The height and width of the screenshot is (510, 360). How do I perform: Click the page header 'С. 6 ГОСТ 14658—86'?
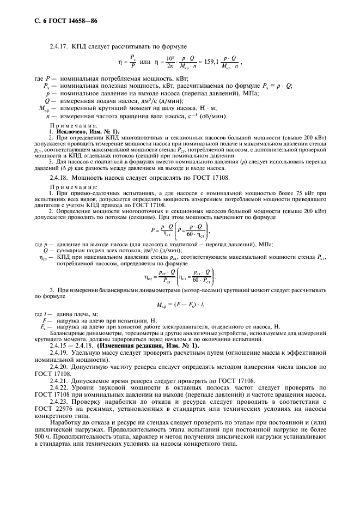click(x=60, y=21)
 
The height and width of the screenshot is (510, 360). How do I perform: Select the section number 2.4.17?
click(x=59, y=47)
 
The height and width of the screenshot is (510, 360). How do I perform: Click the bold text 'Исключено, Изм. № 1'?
click(x=80, y=132)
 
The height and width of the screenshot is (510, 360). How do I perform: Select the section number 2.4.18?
click(x=59, y=178)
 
